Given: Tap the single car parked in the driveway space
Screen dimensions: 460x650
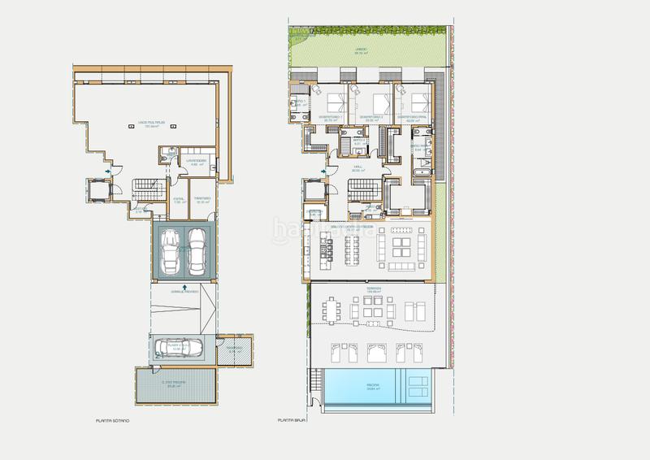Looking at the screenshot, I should coord(178,348).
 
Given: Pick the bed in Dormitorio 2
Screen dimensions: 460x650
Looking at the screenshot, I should coord(379,103).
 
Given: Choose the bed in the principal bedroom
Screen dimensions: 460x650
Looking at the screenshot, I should coord(418,103).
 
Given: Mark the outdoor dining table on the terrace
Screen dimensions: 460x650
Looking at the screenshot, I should coord(331,310).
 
